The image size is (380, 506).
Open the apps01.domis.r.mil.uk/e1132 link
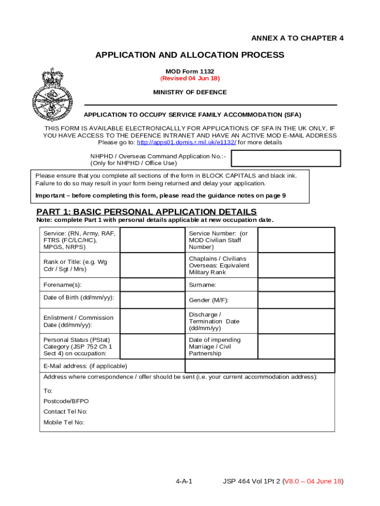coord(186,142)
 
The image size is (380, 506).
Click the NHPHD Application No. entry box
coord(286,159)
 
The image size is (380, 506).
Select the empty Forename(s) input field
coord(152,285)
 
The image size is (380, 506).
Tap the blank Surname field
coord(296,285)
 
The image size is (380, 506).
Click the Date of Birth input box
coord(152,298)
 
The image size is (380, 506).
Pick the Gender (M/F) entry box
coord(296,299)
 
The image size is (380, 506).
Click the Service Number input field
coord(296,240)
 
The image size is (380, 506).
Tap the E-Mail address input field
coord(260,366)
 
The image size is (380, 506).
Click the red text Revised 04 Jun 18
coord(190,79)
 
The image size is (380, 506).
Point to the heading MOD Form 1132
coord(190,71)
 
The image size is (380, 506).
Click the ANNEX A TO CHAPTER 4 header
coord(297,39)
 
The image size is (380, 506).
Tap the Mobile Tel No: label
coord(64,422)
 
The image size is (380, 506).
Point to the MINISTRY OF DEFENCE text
coord(190,92)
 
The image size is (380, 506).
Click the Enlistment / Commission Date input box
coord(152,321)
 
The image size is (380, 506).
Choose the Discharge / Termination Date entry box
coord(296,321)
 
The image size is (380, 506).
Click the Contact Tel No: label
coord(65,412)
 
